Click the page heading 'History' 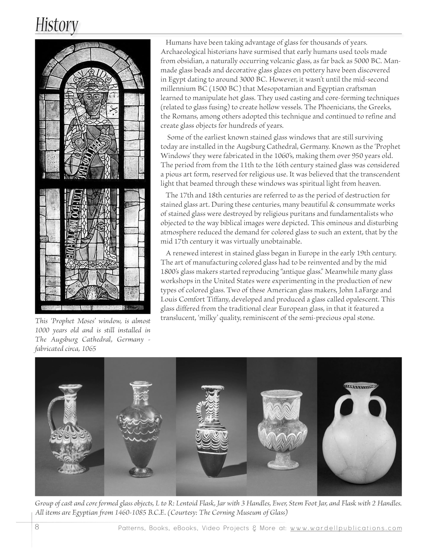pyautogui.click(x=56, y=25)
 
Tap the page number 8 pyautogui.click(x=37, y=527)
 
